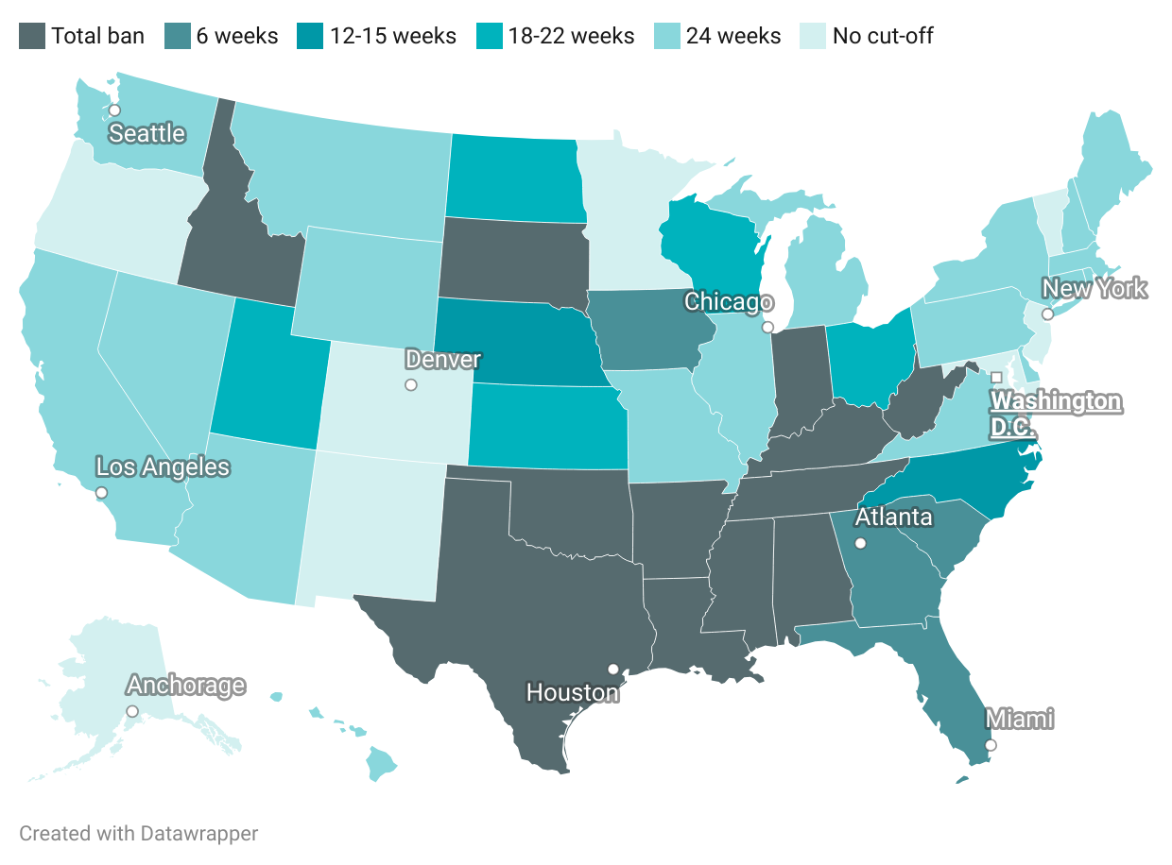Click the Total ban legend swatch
[x=31, y=36]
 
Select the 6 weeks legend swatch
[x=177, y=36]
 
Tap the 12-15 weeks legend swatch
[x=311, y=36]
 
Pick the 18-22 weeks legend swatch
[x=490, y=36]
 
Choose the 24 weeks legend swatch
[x=667, y=36]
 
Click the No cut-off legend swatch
[x=814, y=36]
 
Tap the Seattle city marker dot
[x=114, y=110]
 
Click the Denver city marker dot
[x=410, y=384]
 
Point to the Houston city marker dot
[x=612, y=669]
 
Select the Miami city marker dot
[x=991, y=745]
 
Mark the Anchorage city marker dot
[x=132, y=711]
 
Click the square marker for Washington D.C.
[x=995, y=378]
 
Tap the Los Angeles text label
[x=163, y=466]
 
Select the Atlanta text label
[x=893, y=517]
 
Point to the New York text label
[x=1094, y=288]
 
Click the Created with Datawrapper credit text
[x=138, y=834]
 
